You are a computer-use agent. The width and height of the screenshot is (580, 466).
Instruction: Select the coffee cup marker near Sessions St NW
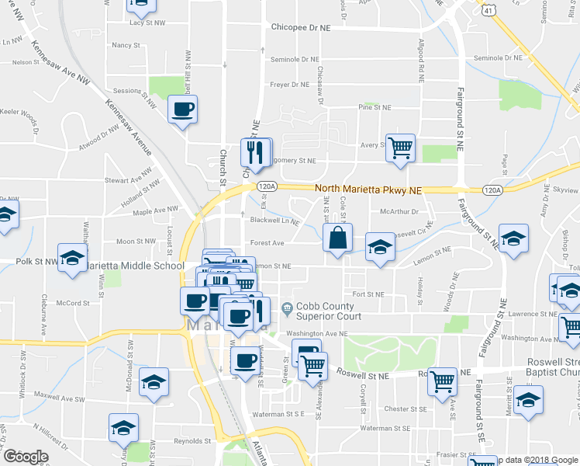coord(182,110)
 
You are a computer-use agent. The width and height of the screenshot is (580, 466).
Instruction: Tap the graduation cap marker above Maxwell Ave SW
coord(154,382)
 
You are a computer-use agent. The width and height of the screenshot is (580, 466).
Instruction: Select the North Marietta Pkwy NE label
coord(368,190)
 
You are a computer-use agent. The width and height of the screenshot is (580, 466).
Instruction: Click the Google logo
coord(26,457)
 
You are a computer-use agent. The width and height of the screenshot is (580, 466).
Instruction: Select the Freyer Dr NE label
coord(290,85)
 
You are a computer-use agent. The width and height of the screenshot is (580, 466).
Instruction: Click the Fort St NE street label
coord(368,294)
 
